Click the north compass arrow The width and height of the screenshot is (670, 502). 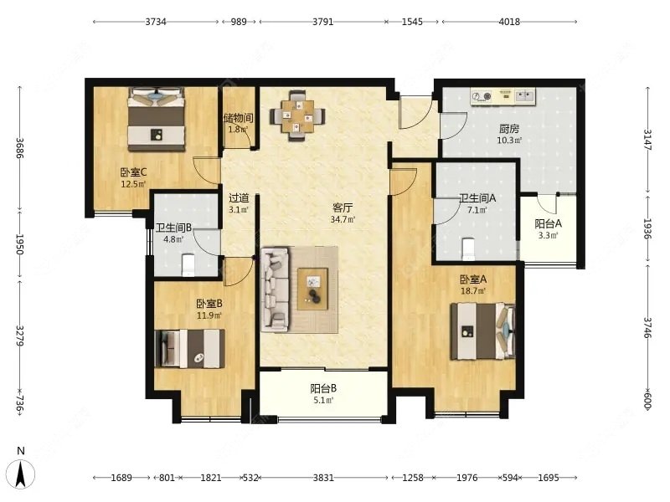click(22, 474)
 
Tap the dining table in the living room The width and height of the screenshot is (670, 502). click(297, 115)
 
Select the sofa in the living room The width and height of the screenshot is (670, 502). click(276, 289)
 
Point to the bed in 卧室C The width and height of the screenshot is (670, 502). click(157, 119)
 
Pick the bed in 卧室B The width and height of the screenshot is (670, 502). click(190, 348)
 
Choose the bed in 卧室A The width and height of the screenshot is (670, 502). click(482, 331)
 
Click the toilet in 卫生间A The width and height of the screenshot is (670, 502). click(469, 249)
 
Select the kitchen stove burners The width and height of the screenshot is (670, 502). click(482, 96)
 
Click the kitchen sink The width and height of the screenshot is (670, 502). click(525, 96)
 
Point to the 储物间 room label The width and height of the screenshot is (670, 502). click(239, 118)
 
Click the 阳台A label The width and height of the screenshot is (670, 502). click(548, 223)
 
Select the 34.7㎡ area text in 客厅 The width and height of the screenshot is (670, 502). click(343, 219)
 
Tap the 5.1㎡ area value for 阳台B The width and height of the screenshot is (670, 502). click(322, 400)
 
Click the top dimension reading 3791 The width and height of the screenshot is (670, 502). click(322, 22)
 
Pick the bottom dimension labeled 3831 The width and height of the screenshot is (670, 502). click(323, 477)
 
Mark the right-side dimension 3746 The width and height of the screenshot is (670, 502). click(647, 327)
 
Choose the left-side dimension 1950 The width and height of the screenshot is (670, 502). click(19, 243)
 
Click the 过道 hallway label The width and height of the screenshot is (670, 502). click(239, 197)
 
